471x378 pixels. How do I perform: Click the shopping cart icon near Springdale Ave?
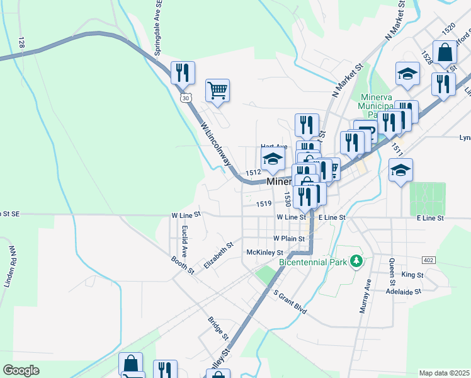[217, 91]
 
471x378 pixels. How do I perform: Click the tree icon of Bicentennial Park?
[356, 260]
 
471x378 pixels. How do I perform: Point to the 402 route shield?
[428, 260]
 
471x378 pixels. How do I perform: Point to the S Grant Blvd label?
[290, 302]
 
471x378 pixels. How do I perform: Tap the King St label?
[412, 275]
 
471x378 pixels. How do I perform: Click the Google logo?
[21, 370]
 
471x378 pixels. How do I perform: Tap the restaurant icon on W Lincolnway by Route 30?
[183, 73]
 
